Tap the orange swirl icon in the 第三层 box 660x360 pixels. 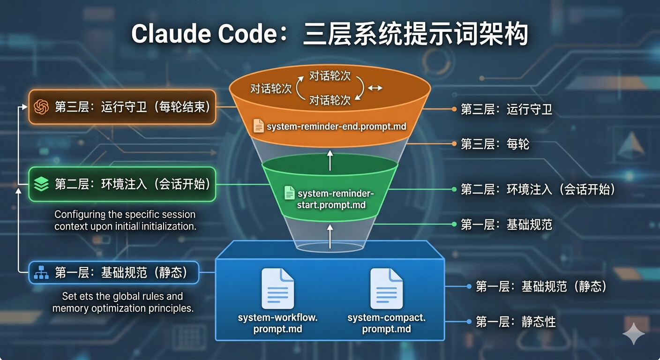pyautogui.click(x=41, y=107)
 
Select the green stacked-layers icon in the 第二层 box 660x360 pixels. pyautogui.click(x=41, y=184)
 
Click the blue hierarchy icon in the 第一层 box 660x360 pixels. pyautogui.click(x=41, y=272)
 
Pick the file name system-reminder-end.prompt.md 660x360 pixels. pyautogui.click(x=336, y=127)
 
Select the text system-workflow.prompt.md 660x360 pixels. pyautogui.click(x=277, y=323)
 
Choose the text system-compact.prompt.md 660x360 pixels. pyautogui.click(x=386, y=323)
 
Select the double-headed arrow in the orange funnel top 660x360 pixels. pyautogui.click(x=375, y=88)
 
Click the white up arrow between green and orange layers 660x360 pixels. pyautogui.click(x=330, y=160)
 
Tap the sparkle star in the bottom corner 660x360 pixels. pyautogui.click(x=633, y=333)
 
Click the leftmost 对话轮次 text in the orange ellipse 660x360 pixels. pyautogui.click(x=271, y=89)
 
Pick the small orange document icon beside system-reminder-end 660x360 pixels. pyautogui.click(x=258, y=126)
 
